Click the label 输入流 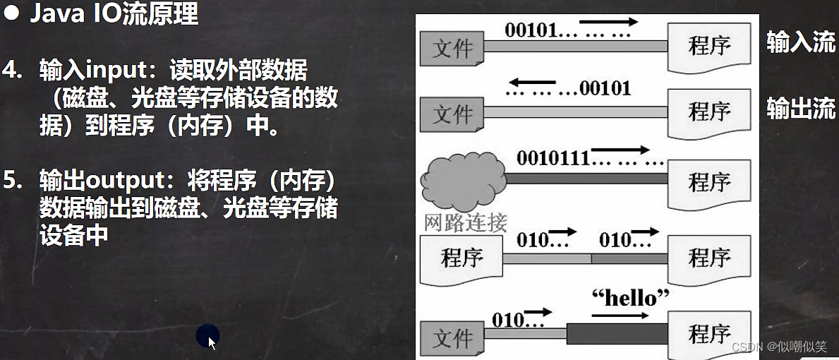coord(801,43)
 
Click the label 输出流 coord(801,109)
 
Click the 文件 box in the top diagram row coord(452,47)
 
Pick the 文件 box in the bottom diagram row coord(452,338)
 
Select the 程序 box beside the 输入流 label coord(708,47)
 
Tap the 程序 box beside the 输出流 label coord(708,112)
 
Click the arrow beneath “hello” coord(620,316)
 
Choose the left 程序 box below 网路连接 coord(461,257)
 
